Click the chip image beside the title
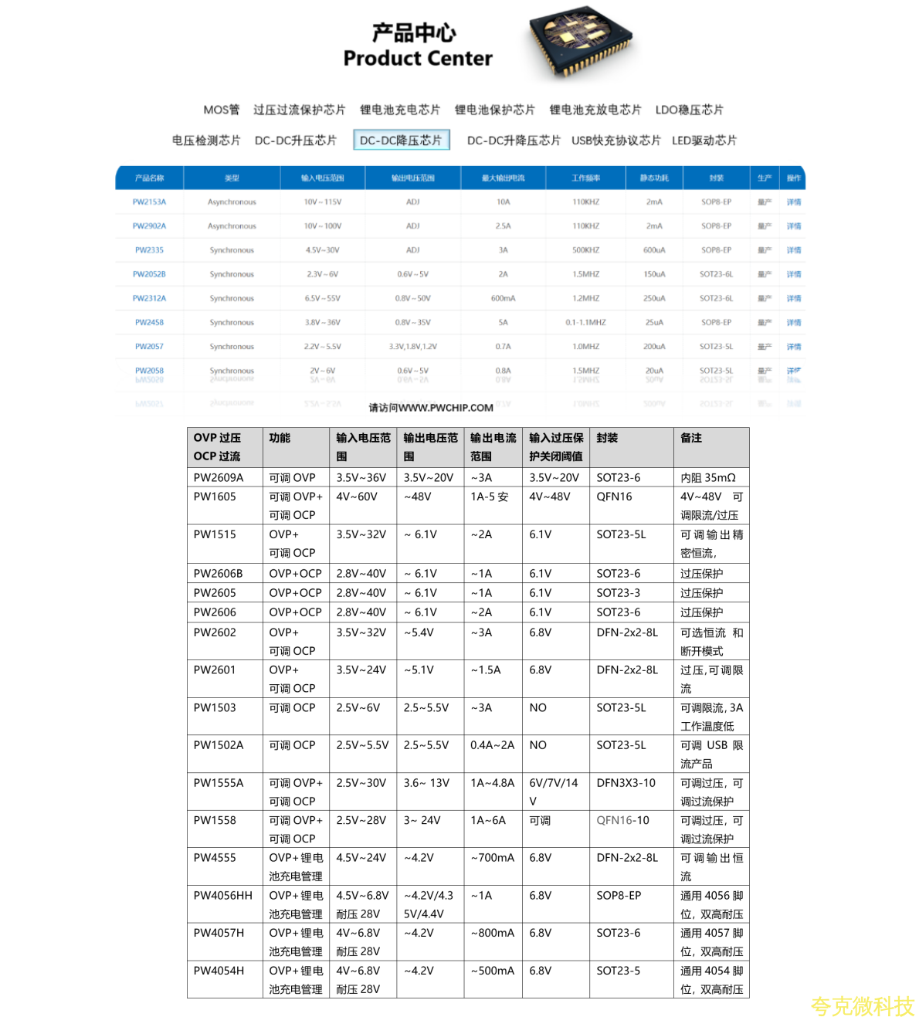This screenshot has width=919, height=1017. [582, 42]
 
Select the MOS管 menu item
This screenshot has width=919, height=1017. [221, 110]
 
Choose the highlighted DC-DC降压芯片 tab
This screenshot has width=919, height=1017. [401, 140]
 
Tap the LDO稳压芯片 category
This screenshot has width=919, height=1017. [689, 110]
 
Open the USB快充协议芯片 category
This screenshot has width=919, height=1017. [615, 140]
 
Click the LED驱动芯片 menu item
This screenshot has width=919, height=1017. [704, 140]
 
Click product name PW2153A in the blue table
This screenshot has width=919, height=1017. [149, 202]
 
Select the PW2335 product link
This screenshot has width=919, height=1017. [149, 250]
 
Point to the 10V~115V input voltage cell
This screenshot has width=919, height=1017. [323, 202]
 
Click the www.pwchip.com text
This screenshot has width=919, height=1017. [431, 408]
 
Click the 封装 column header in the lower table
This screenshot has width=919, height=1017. [607, 438]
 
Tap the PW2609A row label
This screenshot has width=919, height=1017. [219, 478]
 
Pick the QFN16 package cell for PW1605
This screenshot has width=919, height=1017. [614, 497]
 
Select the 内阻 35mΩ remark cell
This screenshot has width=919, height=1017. [707, 478]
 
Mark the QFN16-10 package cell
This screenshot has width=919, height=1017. [622, 820]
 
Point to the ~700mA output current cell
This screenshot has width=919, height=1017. [492, 858]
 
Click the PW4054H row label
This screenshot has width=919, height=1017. [219, 971]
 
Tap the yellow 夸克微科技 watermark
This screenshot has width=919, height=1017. [862, 1006]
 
